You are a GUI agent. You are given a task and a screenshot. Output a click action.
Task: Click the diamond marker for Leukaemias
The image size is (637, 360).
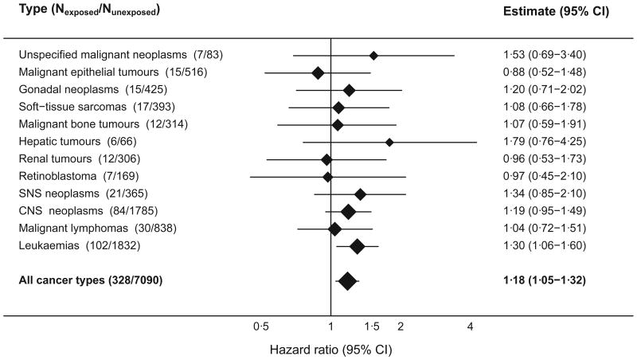[x=357, y=246]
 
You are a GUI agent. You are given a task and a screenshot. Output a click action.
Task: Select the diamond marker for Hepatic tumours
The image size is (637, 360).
[x=389, y=142]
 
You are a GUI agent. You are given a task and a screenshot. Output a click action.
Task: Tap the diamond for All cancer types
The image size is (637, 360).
[x=347, y=280]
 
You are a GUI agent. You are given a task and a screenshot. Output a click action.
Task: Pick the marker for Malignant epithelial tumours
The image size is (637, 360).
[x=318, y=72]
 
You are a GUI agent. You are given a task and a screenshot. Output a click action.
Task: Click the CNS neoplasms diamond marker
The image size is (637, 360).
[x=348, y=211]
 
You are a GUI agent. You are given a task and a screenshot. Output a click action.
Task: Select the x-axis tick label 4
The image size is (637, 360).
[x=471, y=327]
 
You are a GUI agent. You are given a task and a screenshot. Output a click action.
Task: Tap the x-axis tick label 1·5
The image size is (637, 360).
[x=371, y=327]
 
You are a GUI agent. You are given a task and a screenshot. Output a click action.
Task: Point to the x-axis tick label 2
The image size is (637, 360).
[x=401, y=327]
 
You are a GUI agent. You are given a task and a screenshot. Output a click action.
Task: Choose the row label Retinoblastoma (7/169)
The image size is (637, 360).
[x=83, y=176]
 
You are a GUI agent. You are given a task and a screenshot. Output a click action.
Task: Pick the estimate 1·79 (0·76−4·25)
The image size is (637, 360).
[x=541, y=142]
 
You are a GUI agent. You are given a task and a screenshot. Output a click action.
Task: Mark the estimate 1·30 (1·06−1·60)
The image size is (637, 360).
[x=541, y=246]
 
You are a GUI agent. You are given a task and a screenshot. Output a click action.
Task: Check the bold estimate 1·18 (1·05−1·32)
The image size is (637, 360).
[x=541, y=280]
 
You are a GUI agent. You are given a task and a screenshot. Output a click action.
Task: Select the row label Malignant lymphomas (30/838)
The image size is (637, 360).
[x=96, y=229]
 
